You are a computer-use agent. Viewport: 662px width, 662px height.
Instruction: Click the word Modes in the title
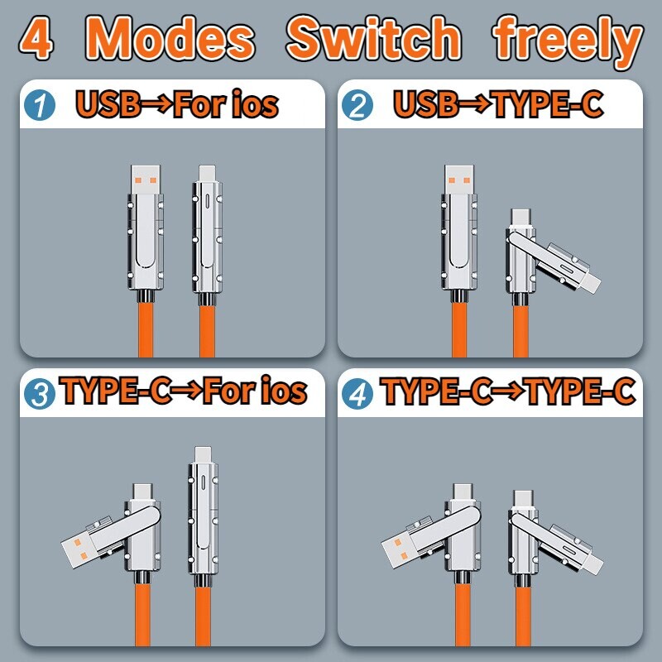pyautogui.click(x=170, y=39)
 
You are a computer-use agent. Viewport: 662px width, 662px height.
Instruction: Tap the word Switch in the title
pyautogui.click(x=373, y=39)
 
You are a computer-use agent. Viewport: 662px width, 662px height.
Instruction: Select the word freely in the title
pyautogui.click(x=568, y=39)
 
